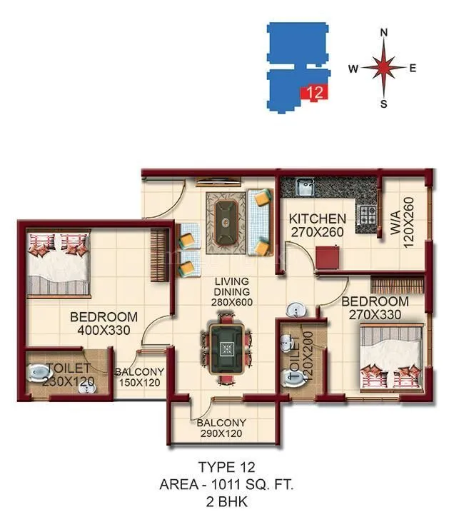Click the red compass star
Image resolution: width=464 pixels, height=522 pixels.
pyautogui.click(x=383, y=69)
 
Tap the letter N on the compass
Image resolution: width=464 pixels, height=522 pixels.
pyautogui.click(x=383, y=33)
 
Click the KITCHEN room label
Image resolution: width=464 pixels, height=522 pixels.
pyautogui.click(x=318, y=219)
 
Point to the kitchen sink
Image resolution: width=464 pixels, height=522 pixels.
pyautogui.click(x=303, y=189)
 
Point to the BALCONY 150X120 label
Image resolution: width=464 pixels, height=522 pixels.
pyautogui.click(x=140, y=377)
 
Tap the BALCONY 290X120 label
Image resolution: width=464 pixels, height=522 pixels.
pyautogui.click(x=221, y=428)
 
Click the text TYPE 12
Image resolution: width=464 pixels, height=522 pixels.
pyautogui.click(x=227, y=468)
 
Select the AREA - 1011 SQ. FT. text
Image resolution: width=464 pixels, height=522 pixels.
pyautogui.click(x=227, y=485)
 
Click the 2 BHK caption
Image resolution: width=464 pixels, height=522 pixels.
pyautogui.click(x=227, y=501)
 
